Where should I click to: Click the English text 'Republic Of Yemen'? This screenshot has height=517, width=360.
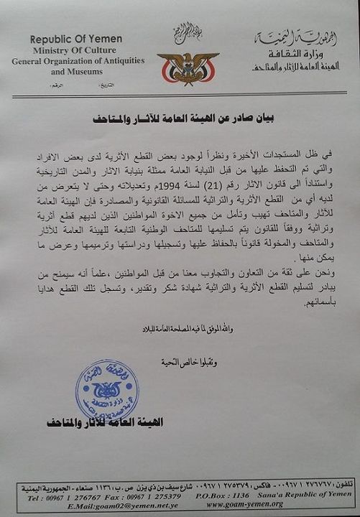coord(76,39)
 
